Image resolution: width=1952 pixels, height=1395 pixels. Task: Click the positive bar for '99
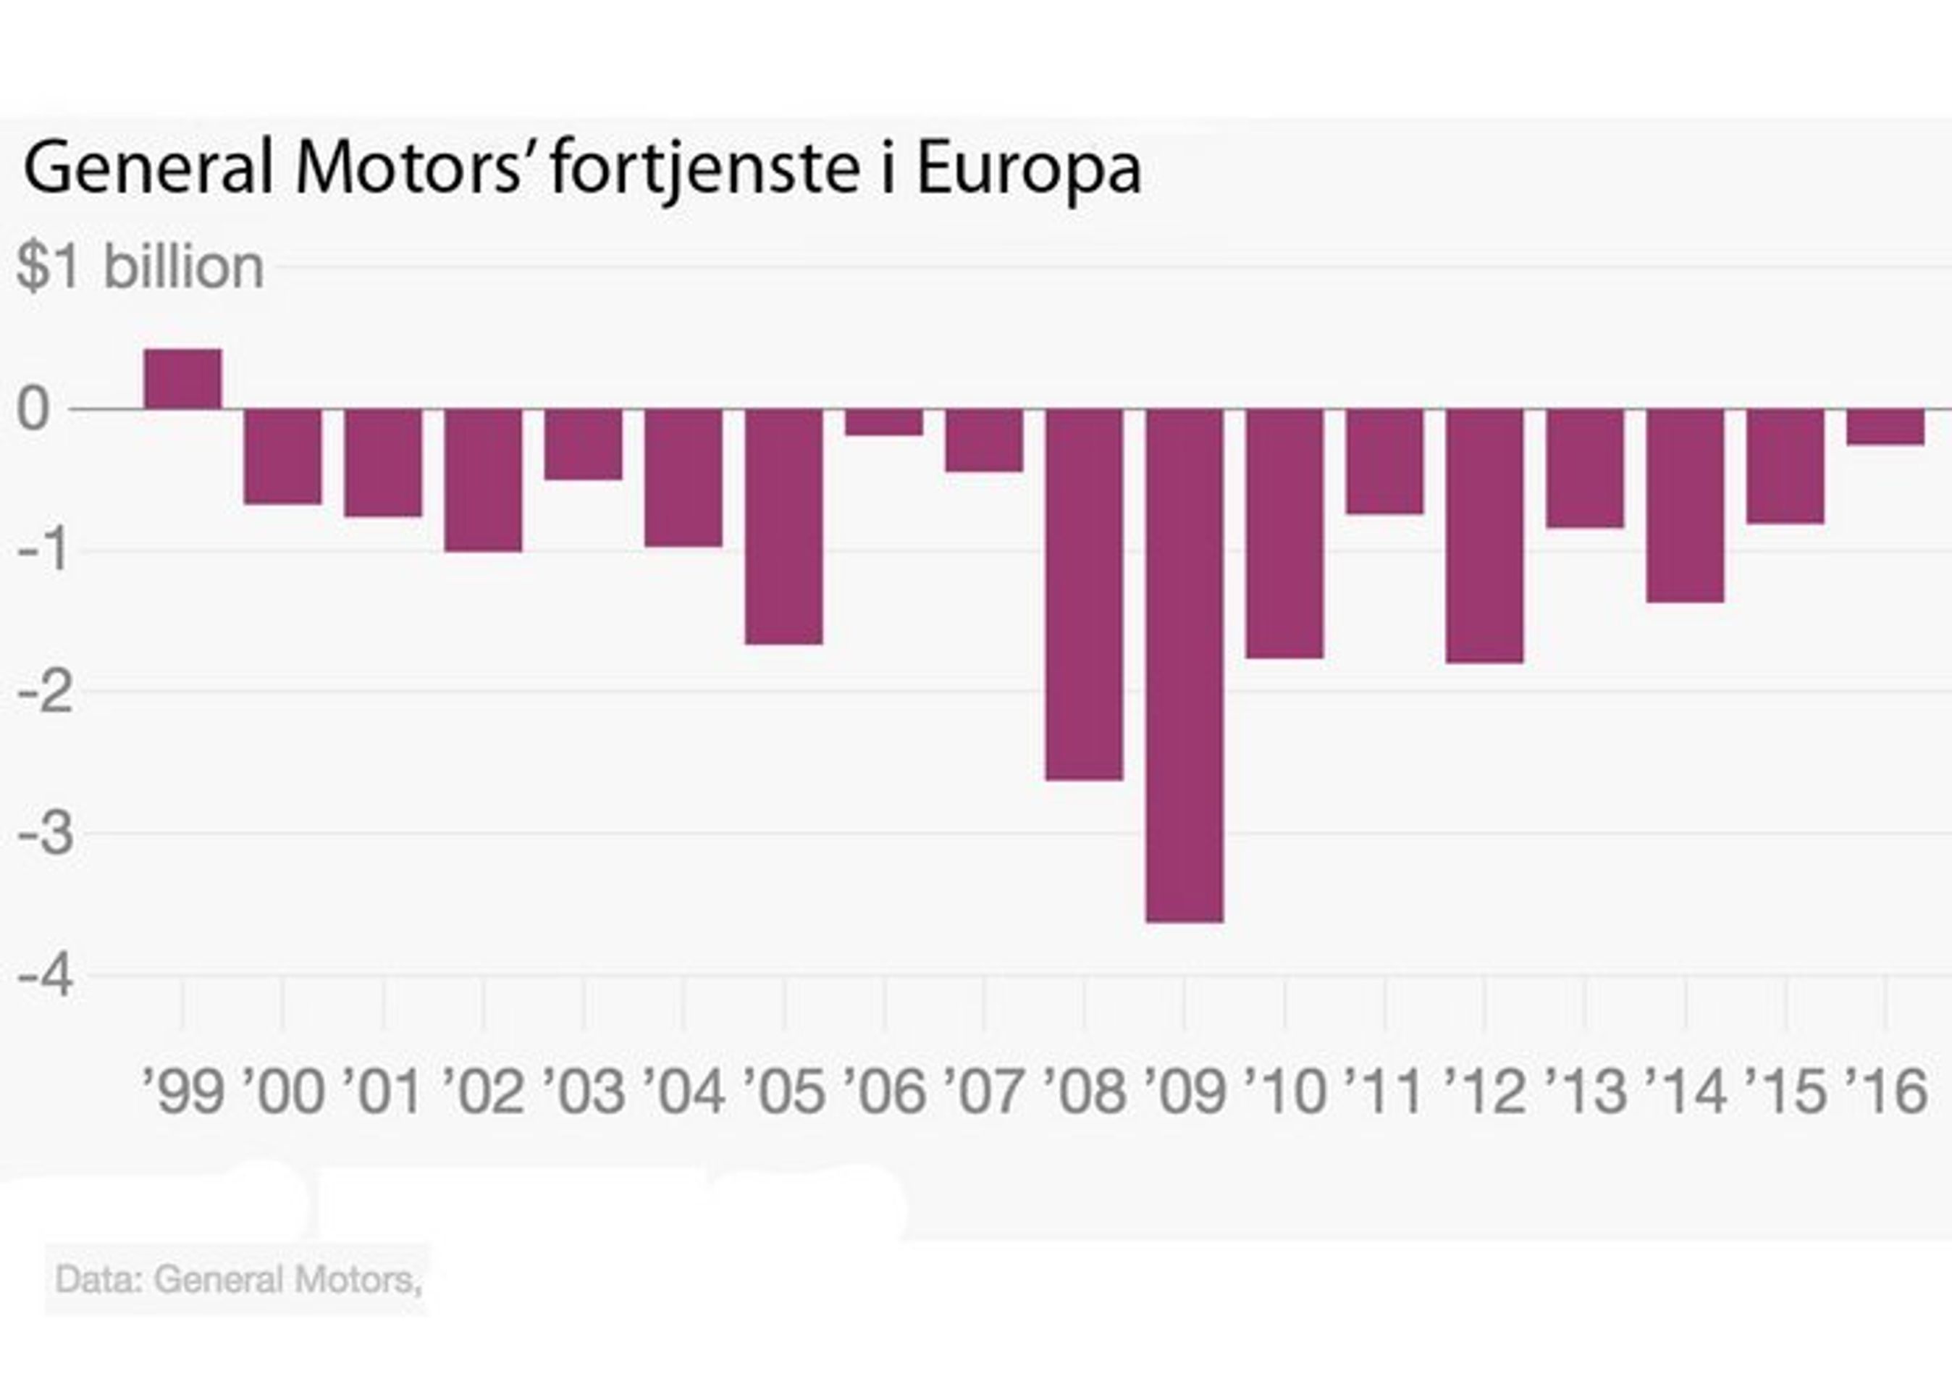(183, 379)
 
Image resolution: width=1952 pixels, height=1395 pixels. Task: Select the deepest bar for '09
(1185, 666)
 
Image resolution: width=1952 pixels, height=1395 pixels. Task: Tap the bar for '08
(1084, 595)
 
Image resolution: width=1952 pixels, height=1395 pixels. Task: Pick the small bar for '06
(883, 422)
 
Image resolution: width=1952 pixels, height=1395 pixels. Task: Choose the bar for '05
(783, 527)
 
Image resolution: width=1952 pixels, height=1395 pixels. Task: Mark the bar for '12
(1484, 536)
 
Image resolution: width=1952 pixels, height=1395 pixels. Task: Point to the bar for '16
(1885, 427)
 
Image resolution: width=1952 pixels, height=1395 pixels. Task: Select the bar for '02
(484, 480)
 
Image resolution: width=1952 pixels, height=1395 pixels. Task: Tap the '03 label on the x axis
(584, 1091)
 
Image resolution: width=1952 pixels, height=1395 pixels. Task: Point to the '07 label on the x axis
(984, 1091)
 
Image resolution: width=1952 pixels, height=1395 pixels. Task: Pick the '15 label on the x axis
(1786, 1091)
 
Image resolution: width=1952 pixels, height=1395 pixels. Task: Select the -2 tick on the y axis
(46, 693)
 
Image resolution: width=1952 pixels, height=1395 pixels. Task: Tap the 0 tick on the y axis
(34, 410)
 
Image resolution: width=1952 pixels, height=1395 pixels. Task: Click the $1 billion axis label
(140, 267)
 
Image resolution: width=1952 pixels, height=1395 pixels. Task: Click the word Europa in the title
(1028, 167)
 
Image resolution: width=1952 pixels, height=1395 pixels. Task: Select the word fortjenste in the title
(704, 167)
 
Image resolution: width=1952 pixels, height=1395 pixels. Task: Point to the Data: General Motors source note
(238, 1280)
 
